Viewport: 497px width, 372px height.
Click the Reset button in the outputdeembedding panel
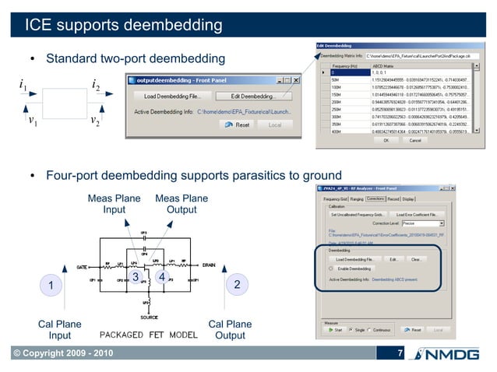pyautogui.click(x=238, y=125)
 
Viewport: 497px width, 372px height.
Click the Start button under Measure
pyautogui.click(x=336, y=329)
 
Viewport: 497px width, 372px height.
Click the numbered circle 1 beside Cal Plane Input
pyautogui.click(x=51, y=287)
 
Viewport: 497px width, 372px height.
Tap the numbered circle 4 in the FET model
pyautogui.click(x=161, y=277)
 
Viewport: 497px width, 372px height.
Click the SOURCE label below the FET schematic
pyautogui.click(x=149, y=317)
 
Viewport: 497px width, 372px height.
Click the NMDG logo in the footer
pyautogui.click(x=449, y=356)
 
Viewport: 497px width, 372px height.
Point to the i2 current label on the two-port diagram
pyautogui.click(x=95, y=84)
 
